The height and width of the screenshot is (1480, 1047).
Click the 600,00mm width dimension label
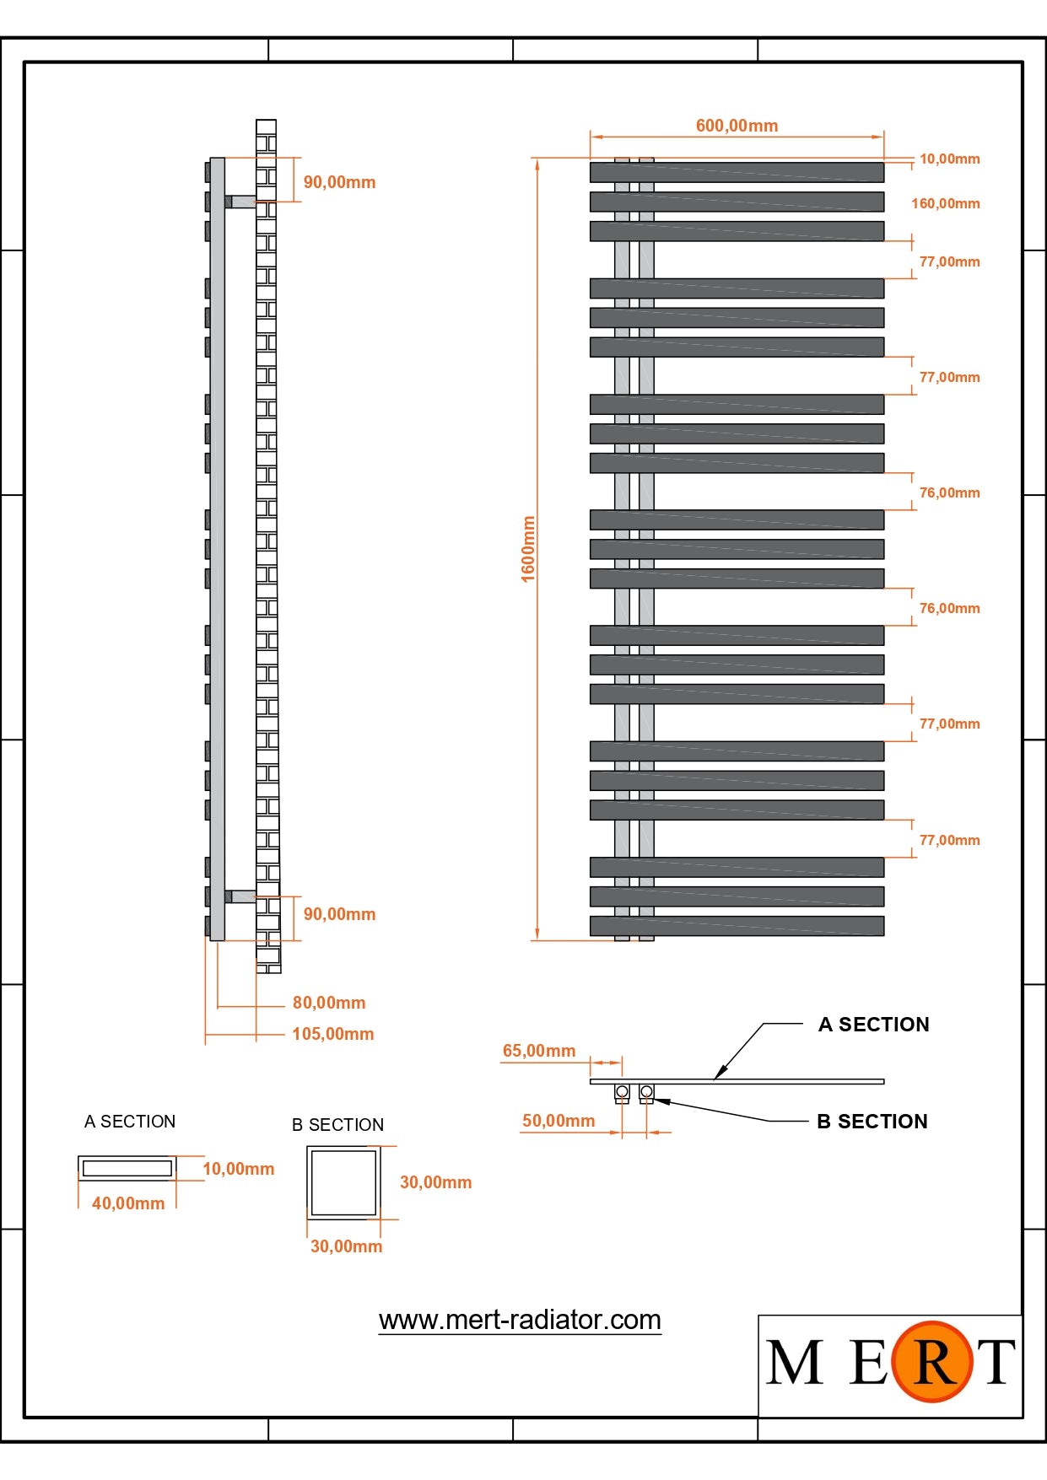point(737,126)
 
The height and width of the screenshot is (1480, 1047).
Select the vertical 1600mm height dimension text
point(528,549)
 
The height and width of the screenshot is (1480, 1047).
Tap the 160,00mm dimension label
point(945,203)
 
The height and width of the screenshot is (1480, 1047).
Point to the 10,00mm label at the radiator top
point(949,159)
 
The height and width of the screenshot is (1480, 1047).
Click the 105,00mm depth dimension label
point(332,1034)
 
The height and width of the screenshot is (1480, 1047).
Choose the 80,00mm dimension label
point(328,1003)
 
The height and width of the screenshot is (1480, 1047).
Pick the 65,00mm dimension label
point(538,1051)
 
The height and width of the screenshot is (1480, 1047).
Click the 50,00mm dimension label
point(558,1121)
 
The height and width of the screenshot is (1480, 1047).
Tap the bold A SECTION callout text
point(873,1025)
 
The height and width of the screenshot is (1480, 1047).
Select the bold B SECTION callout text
point(872,1122)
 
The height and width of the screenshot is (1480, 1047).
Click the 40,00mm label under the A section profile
point(128,1203)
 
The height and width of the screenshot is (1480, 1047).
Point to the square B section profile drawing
point(343,1181)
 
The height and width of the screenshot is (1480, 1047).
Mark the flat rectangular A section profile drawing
point(127,1168)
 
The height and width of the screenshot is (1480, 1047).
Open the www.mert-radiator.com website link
point(520,1320)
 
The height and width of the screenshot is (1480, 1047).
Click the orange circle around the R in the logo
point(932,1361)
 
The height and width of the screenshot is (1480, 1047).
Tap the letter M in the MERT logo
point(794,1362)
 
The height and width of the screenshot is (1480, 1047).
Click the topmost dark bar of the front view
point(737,173)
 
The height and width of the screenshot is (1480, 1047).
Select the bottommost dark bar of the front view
point(737,926)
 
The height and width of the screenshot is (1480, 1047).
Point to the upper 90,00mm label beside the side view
point(339,182)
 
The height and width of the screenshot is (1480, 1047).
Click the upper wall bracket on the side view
point(240,202)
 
